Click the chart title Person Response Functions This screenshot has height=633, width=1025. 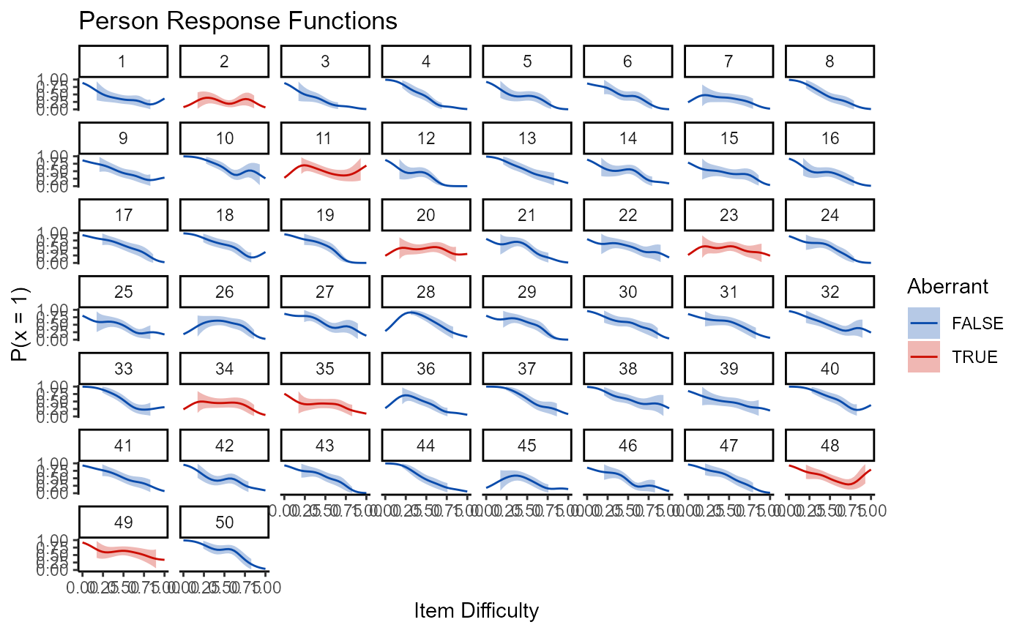[x=237, y=21]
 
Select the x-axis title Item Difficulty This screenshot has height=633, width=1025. [x=477, y=610]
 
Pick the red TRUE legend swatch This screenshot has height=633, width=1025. [x=923, y=356]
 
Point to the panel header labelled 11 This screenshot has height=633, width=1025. [x=326, y=138]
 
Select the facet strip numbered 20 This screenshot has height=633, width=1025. [x=427, y=214]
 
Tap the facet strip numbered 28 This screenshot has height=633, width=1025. [x=427, y=291]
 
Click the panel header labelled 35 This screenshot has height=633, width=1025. [x=326, y=368]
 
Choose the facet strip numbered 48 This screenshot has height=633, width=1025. [x=831, y=445]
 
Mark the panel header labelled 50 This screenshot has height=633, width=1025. [x=225, y=522]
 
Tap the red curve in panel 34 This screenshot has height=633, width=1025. [x=225, y=402]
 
